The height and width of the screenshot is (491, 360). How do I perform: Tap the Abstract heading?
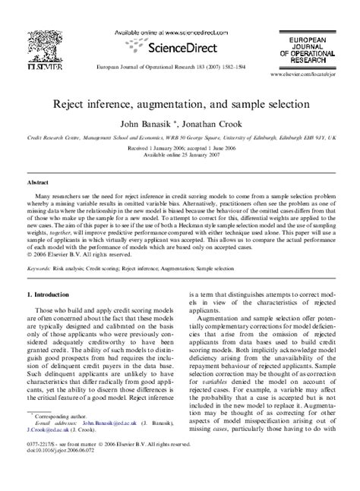39,182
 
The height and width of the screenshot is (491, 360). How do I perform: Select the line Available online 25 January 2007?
179,155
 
